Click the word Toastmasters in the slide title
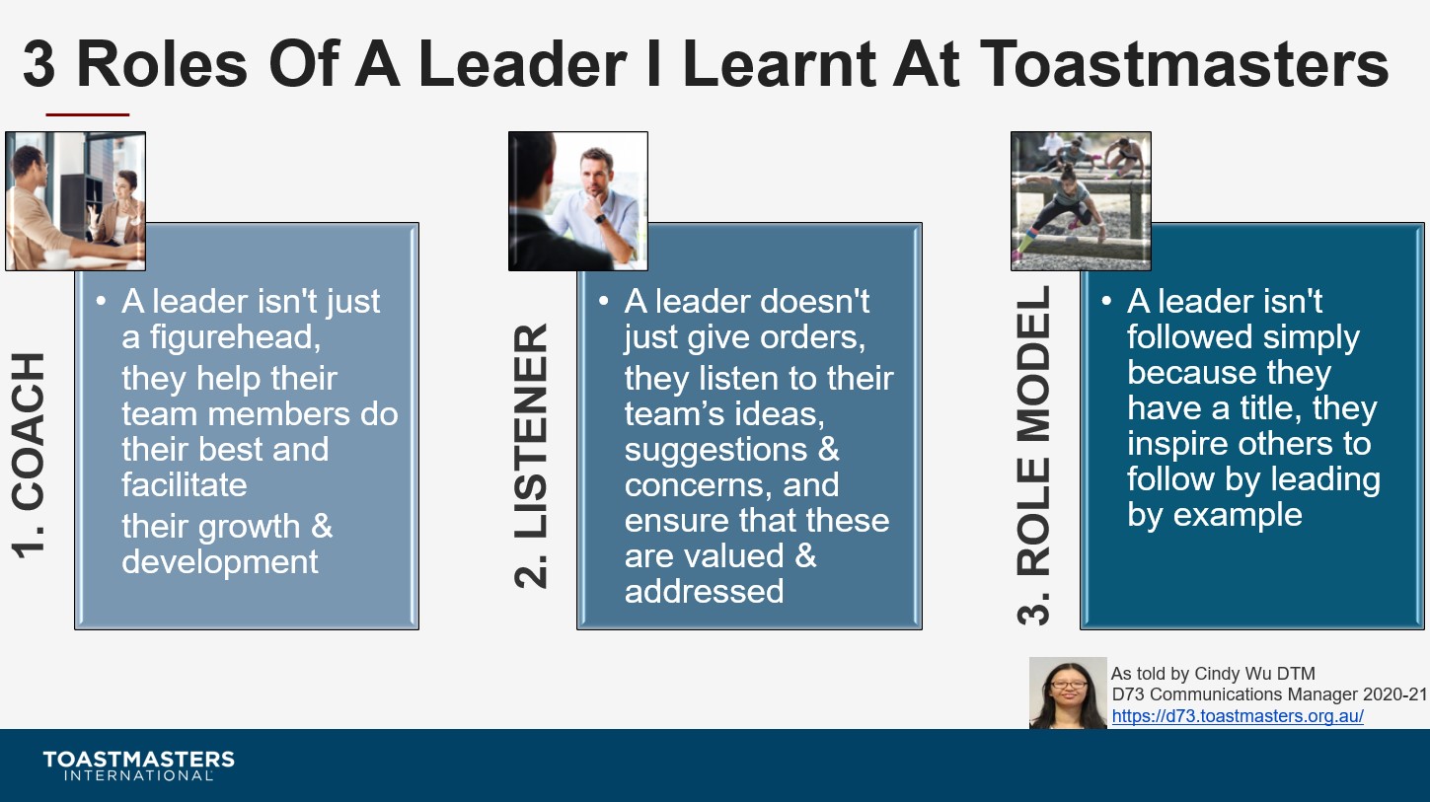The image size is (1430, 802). tap(1184, 64)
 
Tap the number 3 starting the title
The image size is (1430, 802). tap(39, 66)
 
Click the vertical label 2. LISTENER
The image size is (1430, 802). tap(532, 456)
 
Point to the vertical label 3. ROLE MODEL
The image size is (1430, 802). tap(1034, 456)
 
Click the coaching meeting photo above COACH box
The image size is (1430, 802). tap(75, 200)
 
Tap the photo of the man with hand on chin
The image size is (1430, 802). tap(578, 200)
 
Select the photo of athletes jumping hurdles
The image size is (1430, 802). tap(1081, 200)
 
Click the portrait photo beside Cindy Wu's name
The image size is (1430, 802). tap(1068, 693)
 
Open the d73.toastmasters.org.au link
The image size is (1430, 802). tap(1238, 716)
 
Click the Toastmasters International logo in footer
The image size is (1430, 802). tap(138, 766)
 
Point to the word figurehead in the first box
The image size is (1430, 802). tap(230, 337)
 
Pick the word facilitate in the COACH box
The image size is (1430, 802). tap(184, 485)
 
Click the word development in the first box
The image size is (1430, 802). tap(220, 562)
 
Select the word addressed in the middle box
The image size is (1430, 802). tap(704, 592)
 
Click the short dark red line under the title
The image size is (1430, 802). tap(88, 114)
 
